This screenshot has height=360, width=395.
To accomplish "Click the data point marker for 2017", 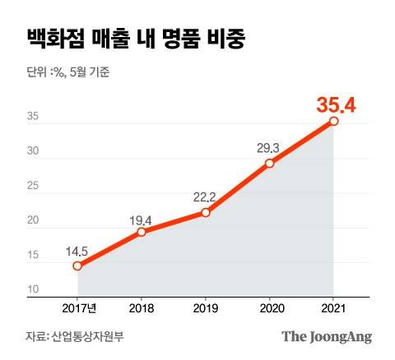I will coord(77,265).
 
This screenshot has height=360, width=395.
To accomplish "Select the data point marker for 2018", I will coord(142,232).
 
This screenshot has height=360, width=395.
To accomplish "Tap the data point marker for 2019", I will coord(206,212).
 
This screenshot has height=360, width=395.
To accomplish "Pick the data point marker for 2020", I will coord(269,163).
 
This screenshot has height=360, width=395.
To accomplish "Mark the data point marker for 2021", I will coord(333,121).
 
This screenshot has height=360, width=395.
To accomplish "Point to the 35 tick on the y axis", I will coord(33,118).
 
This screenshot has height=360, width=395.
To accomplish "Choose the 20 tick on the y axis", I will coord(33,221).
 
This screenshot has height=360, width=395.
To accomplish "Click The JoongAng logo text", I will coord(328,336).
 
